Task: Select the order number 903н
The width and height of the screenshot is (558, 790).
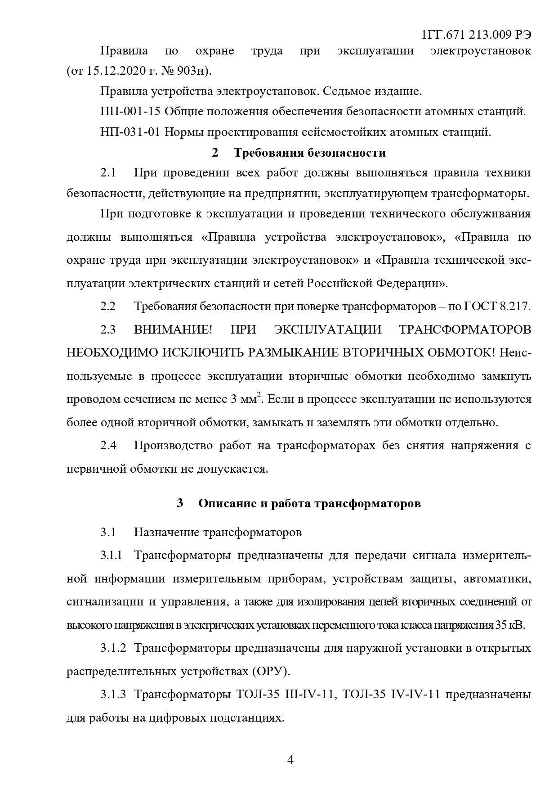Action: tap(191, 71)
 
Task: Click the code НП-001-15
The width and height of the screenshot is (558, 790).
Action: tap(131, 112)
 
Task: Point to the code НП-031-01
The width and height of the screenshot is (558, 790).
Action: tap(131, 132)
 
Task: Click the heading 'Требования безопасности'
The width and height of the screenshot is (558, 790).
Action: tap(309, 153)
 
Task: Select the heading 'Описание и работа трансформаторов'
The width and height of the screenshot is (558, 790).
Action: tap(309, 503)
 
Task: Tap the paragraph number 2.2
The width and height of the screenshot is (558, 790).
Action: tap(108, 307)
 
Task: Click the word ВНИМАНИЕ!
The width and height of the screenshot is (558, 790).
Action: tap(173, 330)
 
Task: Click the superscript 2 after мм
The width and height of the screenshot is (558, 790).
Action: tap(259, 395)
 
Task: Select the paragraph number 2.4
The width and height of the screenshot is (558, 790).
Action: tap(108, 446)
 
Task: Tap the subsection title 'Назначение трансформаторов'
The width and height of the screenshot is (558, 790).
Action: tap(218, 533)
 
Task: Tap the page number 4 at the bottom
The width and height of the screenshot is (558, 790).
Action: tap(290, 760)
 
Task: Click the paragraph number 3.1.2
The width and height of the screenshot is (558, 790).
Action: tap(113, 649)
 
